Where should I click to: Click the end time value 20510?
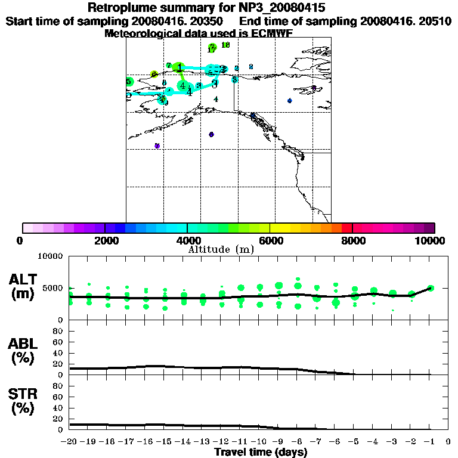[x=434, y=21]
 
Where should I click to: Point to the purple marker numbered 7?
[x=157, y=146]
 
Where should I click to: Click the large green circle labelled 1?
[x=180, y=67]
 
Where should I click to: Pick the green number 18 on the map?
[x=225, y=45]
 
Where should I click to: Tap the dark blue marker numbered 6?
[x=211, y=135]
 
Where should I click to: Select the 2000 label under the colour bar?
[x=104, y=240]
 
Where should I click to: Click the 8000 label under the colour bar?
[x=352, y=240]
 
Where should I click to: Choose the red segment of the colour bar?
[x=346, y=228]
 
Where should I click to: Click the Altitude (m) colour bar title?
[x=221, y=249]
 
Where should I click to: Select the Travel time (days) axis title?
[x=261, y=453]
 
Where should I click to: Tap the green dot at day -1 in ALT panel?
[x=431, y=288]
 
